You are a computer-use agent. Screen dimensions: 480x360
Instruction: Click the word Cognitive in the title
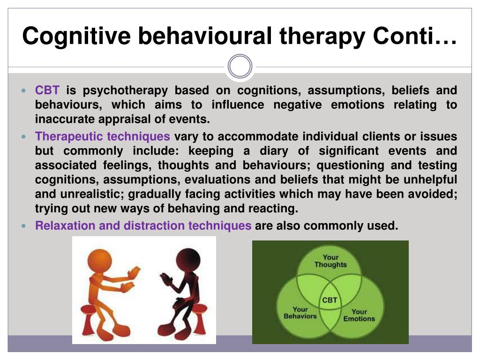tap(76, 37)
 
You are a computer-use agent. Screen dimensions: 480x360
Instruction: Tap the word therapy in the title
tap(322, 37)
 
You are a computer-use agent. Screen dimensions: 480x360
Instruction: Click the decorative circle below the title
tap(240, 66)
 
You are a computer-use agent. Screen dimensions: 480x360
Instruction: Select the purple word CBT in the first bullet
tap(47, 90)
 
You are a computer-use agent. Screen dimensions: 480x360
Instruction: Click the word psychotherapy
tap(125, 91)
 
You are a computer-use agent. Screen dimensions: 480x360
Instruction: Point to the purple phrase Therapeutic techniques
tap(103, 136)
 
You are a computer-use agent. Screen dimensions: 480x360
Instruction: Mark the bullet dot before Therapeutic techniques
tap(24, 136)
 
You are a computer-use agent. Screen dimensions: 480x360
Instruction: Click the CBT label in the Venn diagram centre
tap(330, 300)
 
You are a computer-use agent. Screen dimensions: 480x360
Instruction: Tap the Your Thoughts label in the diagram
tap(330, 261)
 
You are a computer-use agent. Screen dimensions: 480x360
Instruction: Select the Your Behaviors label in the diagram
tap(300, 313)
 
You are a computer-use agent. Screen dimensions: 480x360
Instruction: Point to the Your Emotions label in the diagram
tap(359, 315)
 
